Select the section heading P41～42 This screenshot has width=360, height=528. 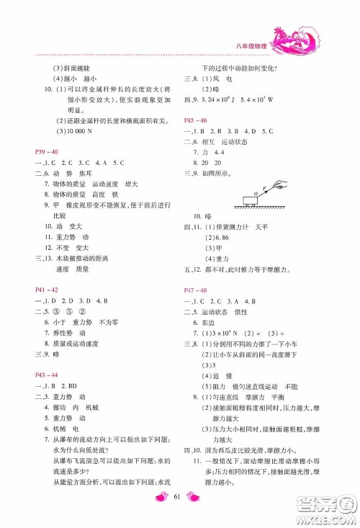point(45,289)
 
